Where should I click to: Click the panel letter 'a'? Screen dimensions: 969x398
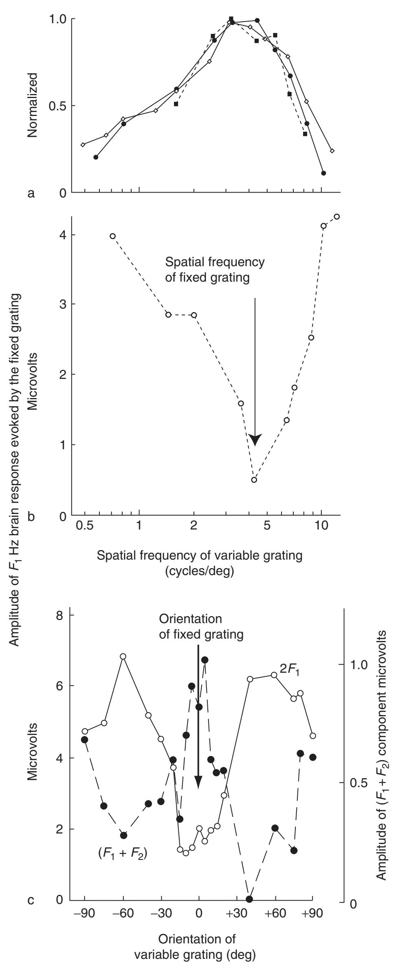[31, 194]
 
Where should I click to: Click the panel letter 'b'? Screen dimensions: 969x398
[31, 517]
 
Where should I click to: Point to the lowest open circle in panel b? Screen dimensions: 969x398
[254, 480]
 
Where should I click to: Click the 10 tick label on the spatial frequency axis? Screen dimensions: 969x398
[321, 534]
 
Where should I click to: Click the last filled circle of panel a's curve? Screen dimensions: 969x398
[323, 173]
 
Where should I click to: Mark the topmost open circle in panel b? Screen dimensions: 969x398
[336, 217]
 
